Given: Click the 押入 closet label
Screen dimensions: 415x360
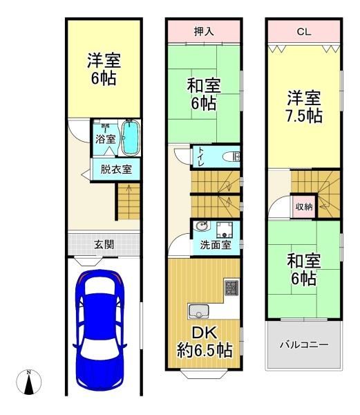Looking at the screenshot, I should [x=203, y=30].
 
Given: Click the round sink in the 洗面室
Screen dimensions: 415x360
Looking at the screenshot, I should [x=202, y=227].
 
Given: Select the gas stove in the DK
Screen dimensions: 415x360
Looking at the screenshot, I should [x=229, y=286].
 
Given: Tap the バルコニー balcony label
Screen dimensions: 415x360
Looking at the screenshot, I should [x=304, y=344].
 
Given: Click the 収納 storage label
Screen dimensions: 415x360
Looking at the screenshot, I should [x=304, y=206].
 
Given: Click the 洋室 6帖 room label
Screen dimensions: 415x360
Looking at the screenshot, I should [x=102, y=68].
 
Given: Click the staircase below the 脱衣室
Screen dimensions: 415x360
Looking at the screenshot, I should [x=128, y=201].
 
